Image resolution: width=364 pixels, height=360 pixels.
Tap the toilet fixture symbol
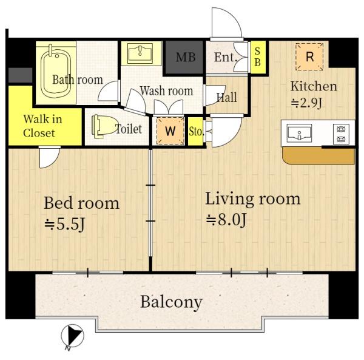(104, 126)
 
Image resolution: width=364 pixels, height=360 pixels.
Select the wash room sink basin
(140, 53)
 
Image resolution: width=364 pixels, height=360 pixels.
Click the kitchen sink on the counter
(299, 133)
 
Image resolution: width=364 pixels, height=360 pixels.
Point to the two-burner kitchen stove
(341, 134)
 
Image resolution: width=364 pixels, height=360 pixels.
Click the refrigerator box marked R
(309, 56)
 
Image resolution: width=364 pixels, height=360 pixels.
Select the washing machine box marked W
(170, 131)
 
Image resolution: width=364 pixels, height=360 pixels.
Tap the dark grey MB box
(184, 58)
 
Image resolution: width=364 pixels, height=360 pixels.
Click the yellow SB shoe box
(257, 56)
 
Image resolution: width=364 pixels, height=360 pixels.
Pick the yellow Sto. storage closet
(195, 132)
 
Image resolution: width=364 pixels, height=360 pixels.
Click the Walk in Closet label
(42, 126)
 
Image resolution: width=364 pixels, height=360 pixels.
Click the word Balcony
(172, 302)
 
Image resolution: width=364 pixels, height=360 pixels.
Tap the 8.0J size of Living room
(226, 219)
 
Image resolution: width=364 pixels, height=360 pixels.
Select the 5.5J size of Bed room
(64, 224)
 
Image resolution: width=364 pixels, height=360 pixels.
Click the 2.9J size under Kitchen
(306, 103)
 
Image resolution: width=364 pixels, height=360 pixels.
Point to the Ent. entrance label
(225, 57)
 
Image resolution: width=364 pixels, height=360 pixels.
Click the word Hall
(226, 97)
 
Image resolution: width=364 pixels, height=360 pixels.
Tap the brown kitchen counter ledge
(318, 156)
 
